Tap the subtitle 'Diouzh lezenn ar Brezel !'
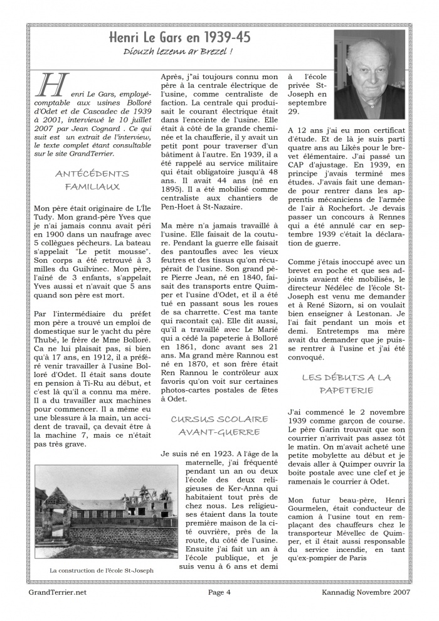point(179,52)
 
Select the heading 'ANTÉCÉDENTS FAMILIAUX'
point(92,180)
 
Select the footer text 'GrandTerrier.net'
point(58,592)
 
